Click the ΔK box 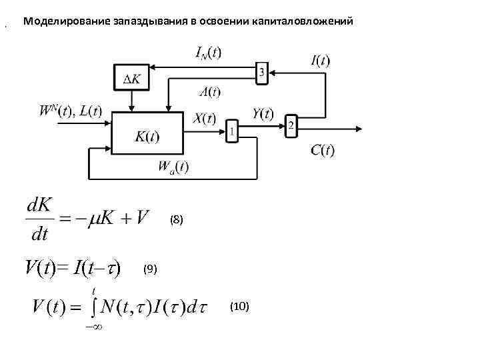(132, 79)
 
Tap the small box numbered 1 (231, 131)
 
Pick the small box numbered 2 (291, 126)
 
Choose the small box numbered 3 (262, 72)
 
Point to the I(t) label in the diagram (320, 61)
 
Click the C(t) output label (322, 151)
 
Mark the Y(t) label (263, 114)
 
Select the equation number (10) (239, 306)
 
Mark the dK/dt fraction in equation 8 (38, 219)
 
